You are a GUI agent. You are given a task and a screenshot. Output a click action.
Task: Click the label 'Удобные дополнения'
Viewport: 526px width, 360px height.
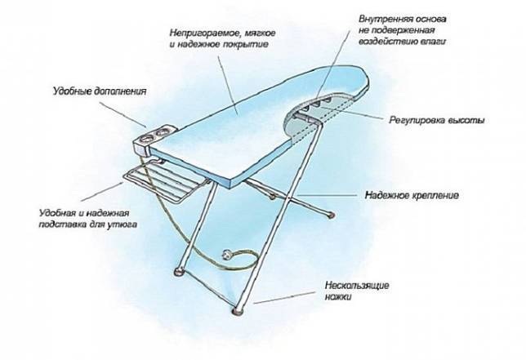pos(100,91)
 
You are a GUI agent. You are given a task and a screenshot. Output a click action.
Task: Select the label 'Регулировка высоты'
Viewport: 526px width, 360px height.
pos(437,120)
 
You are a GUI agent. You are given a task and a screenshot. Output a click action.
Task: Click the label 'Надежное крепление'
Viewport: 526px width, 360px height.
pos(412,195)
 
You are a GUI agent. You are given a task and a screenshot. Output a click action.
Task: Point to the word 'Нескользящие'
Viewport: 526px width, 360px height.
pos(357,286)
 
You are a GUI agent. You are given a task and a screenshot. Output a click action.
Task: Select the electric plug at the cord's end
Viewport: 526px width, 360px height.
pos(227,255)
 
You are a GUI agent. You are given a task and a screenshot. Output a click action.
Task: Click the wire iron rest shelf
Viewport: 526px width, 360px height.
pos(165,180)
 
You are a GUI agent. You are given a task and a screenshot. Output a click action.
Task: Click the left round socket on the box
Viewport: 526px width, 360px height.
pos(147,137)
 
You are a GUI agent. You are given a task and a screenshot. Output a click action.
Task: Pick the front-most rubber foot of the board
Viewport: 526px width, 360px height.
pos(238,311)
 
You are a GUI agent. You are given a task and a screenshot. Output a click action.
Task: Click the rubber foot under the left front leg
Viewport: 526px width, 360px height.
pos(179,272)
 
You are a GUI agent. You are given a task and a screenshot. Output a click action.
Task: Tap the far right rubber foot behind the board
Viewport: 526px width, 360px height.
pos(332,216)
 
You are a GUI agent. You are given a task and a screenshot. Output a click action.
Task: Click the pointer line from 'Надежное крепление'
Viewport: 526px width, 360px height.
pos(324,195)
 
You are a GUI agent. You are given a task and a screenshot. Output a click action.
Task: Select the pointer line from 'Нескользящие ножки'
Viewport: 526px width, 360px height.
pos(284,297)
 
